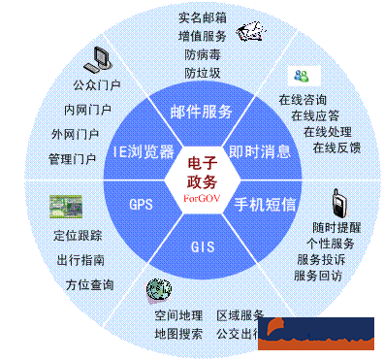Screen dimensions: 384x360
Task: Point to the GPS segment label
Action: (141, 205)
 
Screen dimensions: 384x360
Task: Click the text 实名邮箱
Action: (202, 16)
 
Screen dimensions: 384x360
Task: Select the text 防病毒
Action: (202, 53)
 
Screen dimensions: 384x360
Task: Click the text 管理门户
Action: (72, 158)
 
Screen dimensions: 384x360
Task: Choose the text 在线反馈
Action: (336, 147)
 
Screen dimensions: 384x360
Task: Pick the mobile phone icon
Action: (337, 203)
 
